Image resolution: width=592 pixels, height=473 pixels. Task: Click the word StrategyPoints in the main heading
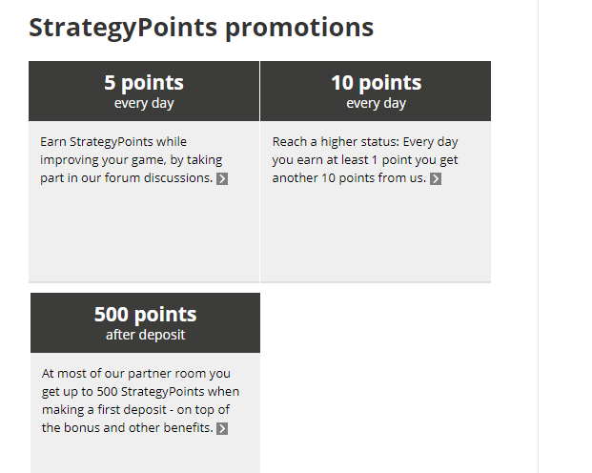coord(123,28)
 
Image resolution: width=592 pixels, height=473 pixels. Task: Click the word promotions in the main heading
coord(299,28)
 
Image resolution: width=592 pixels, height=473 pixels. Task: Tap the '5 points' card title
coord(144,83)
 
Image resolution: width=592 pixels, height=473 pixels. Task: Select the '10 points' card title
coord(376,83)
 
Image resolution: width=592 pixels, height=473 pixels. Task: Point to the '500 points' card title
coord(145,315)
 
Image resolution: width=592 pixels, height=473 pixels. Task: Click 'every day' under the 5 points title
coord(144,103)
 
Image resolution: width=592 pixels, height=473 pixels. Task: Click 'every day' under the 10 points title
coord(376,103)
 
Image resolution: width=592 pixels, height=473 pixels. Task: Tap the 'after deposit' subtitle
coord(145,335)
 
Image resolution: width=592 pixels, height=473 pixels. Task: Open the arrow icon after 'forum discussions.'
coord(222,178)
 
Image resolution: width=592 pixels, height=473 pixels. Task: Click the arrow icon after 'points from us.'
coord(436,178)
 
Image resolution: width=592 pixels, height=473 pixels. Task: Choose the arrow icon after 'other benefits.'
coord(222,429)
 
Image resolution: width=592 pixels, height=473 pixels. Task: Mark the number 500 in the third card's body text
coord(107,391)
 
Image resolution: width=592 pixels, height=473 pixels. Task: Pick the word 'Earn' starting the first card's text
coord(53,142)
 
